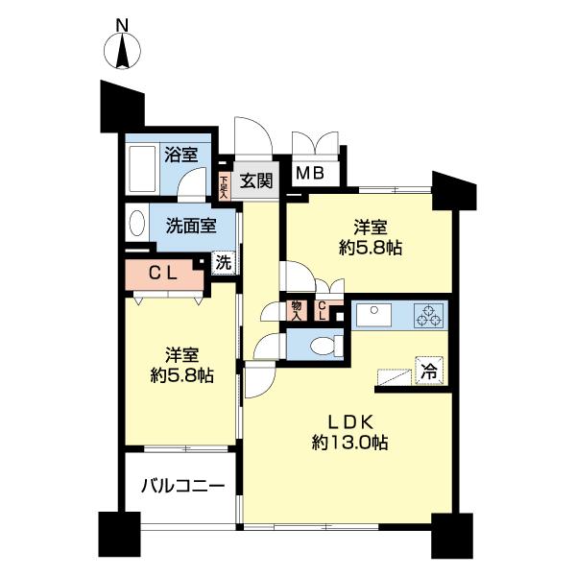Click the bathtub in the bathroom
click(145, 169)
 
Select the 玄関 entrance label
click(256, 180)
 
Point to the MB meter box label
click(309, 174)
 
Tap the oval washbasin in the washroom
click(135, 228)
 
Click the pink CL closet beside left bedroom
click(159, 273)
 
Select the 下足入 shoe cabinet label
click(224, 185)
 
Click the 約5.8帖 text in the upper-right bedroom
click(370, 248)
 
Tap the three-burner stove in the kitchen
click(427, 314)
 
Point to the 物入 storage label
click(297, 310)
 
